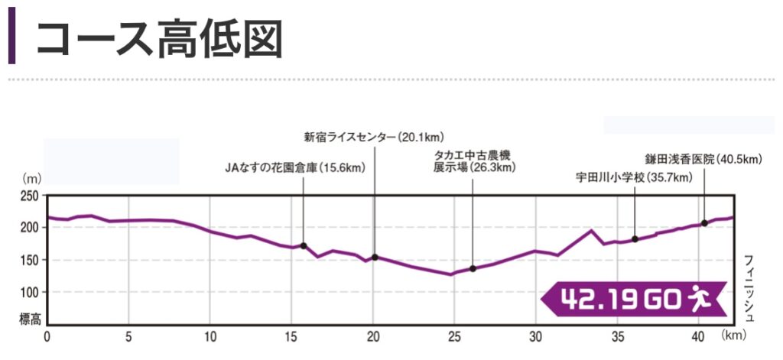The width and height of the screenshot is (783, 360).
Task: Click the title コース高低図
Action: [159, 38]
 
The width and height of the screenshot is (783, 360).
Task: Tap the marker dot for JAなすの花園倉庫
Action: [304, 245]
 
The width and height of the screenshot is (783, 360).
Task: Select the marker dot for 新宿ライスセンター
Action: [375, 257]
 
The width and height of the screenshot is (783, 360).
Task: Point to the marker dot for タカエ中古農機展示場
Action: [473, 268]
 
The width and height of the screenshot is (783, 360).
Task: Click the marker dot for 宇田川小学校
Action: [635, 239]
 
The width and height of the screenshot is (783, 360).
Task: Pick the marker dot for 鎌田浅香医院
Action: [704, 223]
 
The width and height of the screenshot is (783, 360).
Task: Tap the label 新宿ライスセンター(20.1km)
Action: [372, 138]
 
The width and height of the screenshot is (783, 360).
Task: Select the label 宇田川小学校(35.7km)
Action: [634, 177]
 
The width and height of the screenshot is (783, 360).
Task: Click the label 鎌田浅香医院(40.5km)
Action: [703, 159]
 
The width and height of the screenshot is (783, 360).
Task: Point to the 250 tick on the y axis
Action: [30, 196]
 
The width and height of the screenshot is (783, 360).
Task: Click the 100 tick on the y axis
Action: [30, 293]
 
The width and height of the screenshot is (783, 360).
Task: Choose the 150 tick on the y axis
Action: [30, 261]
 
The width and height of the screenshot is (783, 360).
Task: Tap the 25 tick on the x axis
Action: [454, 336]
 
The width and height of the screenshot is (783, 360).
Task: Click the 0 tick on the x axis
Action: [47, 336]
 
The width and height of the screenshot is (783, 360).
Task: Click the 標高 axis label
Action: [30, 317]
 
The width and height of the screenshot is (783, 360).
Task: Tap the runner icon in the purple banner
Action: [698, 299]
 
